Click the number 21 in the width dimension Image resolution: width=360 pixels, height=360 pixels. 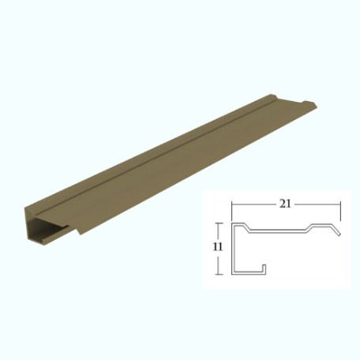(x=285, y=204)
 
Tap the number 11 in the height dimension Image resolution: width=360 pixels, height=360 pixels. (x=218, y=246)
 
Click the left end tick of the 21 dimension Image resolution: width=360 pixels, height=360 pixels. (x=231, y=211)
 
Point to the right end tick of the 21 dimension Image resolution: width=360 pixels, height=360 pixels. (x=340, y=211)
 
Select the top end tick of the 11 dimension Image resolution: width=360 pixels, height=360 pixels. (x=219, y=223)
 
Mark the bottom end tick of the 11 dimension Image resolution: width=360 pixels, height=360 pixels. (x=219, y=275)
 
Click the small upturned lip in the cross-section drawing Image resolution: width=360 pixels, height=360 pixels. (x=264, y=268)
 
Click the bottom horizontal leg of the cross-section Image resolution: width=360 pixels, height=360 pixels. (x=249, y=272)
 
